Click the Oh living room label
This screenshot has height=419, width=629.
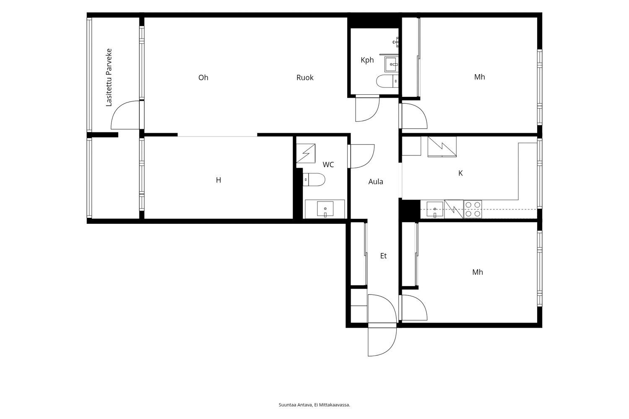pyautogui.click(x=203, y=78)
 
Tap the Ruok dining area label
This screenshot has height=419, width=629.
pyautogui.click(x=305, y=78)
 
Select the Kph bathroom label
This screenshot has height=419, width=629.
pyautogui.click(x=367, y=60)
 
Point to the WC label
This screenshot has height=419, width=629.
pyautogui.click(x=328, y=164)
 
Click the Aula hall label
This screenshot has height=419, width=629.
pyautogui.click(x=376, y=181)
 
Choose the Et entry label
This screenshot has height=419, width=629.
pyautogui.click(x=383, y=256)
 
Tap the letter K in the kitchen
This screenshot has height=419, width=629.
pyautogui.click(x=460, y=173)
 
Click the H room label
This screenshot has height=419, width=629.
pyautogui.click(x=218, y=180)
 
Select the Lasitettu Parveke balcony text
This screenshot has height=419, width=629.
pyautogui.click(x=109, y=78)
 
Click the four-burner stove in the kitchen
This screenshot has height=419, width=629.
pyautogui.click(x=473, y=209)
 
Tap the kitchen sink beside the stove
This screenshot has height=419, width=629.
pyautogui.click(x=435, y=209)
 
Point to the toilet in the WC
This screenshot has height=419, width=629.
pyautogui.click(x=314, y=180)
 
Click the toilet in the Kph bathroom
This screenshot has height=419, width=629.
pyautogui.click(x=387, y=81)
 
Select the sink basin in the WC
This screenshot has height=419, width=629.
pyautogui.click(x=325, y=209)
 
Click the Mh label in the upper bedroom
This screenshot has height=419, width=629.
pyautogui.click(x=479, y=77)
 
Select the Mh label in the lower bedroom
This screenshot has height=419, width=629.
pyautogui.click(x=477, y=272)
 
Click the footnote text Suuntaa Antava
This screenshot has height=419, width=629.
pyautogui.click(x=295, y=405)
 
